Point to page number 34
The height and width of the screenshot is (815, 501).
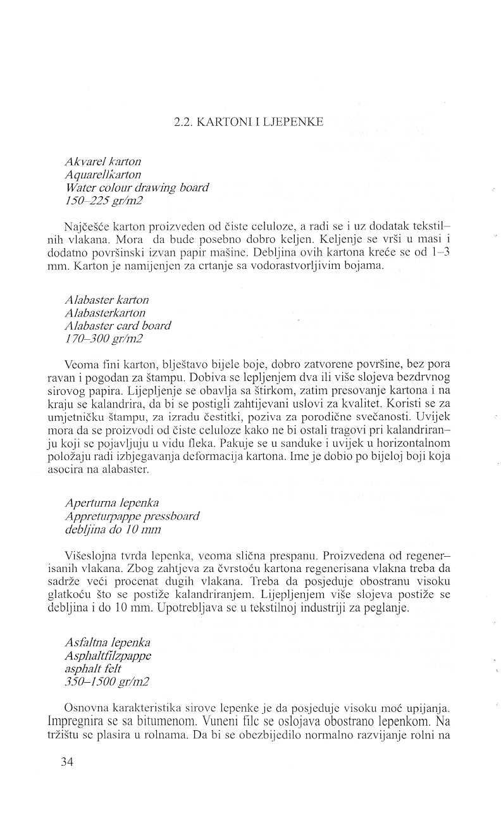[68, 762]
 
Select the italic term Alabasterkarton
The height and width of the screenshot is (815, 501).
[105, 313]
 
